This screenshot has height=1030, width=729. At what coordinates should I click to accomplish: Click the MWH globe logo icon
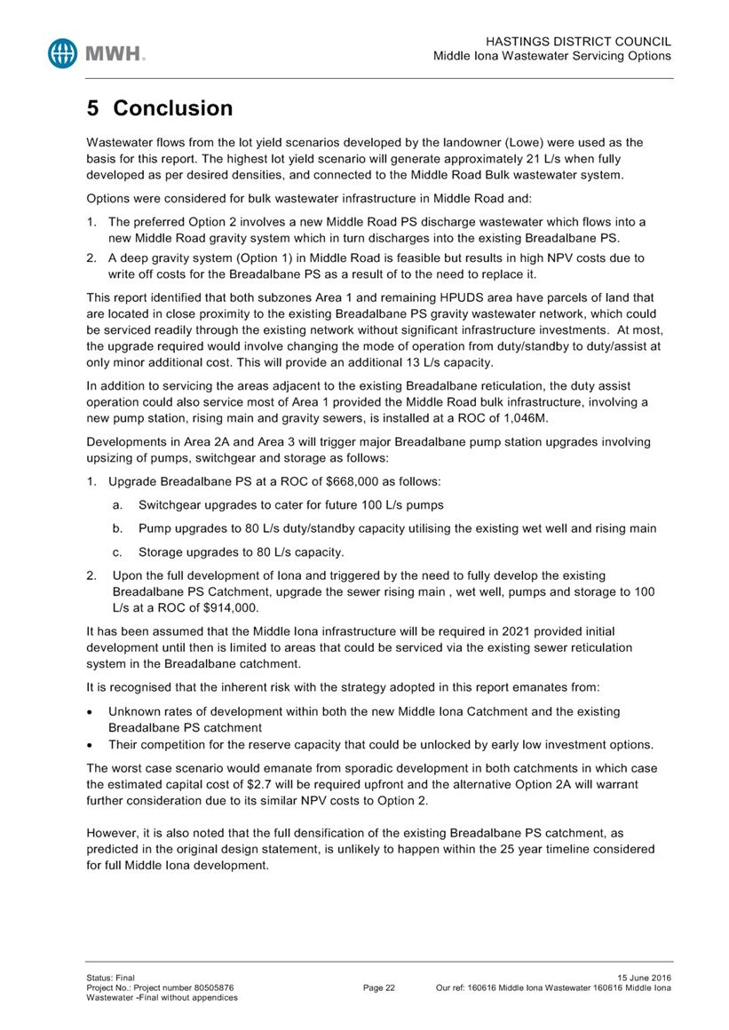click(65, 52)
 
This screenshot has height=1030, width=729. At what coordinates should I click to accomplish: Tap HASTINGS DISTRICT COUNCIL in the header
click(579, 42)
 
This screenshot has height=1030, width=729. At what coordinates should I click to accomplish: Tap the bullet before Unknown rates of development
click(91, 712)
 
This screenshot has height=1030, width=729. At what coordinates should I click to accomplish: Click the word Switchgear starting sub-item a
click(175, 504)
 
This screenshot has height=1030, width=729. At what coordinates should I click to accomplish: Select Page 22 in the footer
click(379, 987)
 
